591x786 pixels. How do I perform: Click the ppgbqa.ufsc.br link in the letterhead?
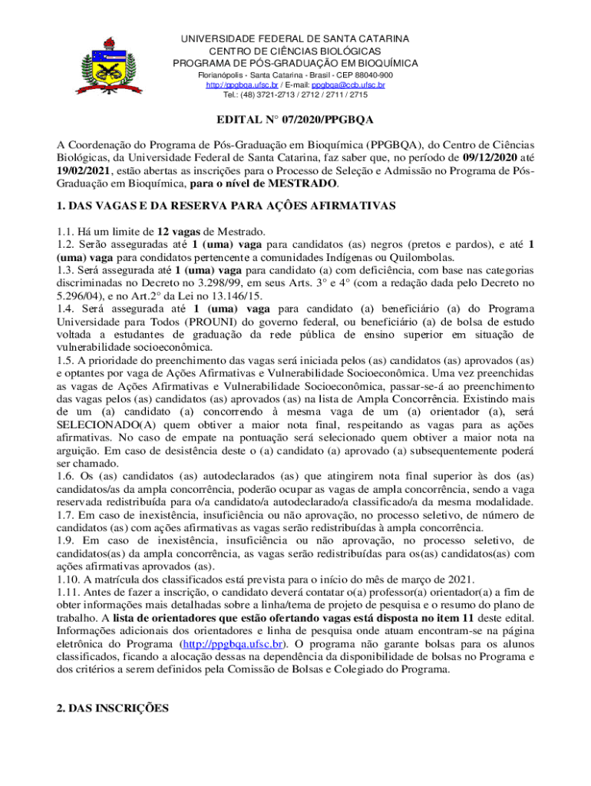(x=232, y=85)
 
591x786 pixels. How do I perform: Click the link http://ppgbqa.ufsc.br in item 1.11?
(x=231, y=643)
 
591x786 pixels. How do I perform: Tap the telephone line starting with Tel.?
(x=295, y=95)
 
